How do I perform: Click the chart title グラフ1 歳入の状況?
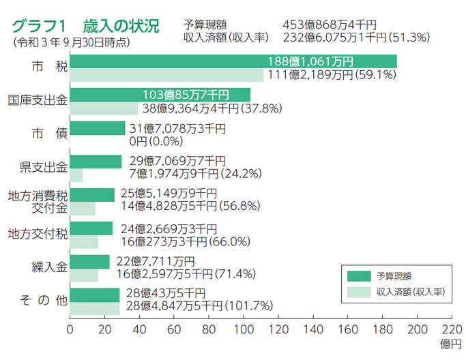click(x=85, y=27)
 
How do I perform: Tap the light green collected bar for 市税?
click(x=164, y=75)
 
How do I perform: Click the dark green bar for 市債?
click(x=98, y=128)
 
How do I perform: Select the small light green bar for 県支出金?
click(x=76, y=175)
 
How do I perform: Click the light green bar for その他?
click(x=95, y=307)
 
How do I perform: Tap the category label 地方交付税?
click(x=37, y=234)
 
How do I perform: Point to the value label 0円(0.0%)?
click(x=156, y=141)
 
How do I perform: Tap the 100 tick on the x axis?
click(x=244, y=329)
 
